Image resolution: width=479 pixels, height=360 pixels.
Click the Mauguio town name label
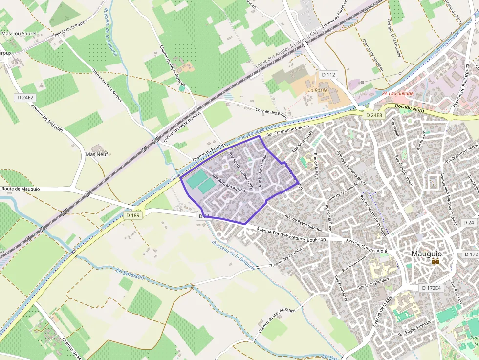pyautogui.click(x=426, y=254)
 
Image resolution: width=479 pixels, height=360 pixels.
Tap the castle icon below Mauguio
pyautogui.click(x=435, y=262)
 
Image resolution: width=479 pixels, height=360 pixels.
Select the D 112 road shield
pyautogui.click(x=328, y=75)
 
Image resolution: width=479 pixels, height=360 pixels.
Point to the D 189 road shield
pyautogui.click(x=133, y=215)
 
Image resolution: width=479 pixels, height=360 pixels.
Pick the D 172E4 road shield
pyautogui.click(x=432, y=288)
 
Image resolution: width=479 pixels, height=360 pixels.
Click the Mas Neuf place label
pyautogui.click(x=97, y=154)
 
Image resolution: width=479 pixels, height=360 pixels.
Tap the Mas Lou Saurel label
pyautogui.click(x=19, y=34)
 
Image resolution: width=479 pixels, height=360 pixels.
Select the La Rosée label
pyautogui.click(x=317, y=90)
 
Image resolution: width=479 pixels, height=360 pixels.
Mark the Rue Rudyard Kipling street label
pyautogui.click(x=228, y=183)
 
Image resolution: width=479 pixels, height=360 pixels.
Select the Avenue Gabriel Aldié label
pyautogui.click(x=366, y=245)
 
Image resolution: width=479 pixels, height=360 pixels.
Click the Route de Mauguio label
pyautogui.click(x=21, y=189)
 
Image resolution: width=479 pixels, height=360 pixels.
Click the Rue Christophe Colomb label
pyautogui.click(x=288, y=129)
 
